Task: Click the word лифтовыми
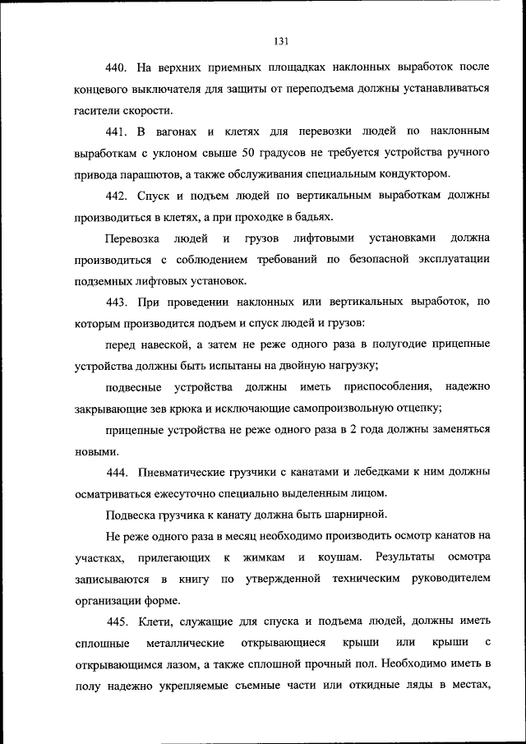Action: pyautogui.click(x=327, y=238)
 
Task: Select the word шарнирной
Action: pyautogui.click(x=357, y=515)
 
